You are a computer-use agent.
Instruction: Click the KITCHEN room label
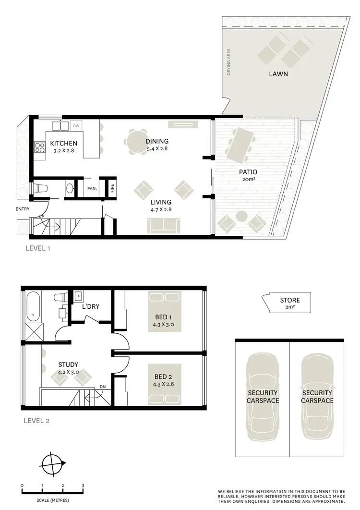64,144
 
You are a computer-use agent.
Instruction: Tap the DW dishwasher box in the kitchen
76,126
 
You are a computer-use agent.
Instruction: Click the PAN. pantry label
92,189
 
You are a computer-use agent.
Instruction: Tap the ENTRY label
23,209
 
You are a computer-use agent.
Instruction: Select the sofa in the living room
164,225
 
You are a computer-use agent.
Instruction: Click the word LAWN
278,74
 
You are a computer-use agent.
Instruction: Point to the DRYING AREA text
229,61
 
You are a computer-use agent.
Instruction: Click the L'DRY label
90,306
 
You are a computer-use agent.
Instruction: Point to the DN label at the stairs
102,386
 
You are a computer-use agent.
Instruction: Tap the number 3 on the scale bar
83,486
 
